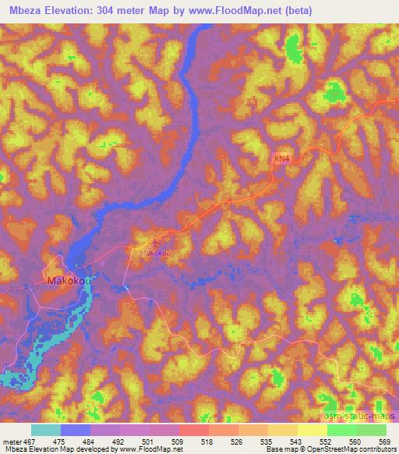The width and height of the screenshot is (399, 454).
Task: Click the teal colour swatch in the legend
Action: click(46, 431)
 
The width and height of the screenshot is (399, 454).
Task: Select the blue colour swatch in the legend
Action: click(76, 431)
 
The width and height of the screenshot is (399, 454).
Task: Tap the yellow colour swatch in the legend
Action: click(312, 431)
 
